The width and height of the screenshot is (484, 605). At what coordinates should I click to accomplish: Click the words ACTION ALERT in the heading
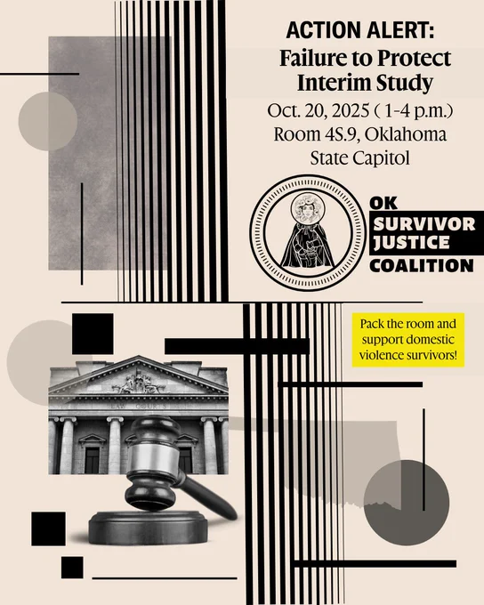[360, 30]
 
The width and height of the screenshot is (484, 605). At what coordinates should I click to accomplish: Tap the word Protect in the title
[414, 59]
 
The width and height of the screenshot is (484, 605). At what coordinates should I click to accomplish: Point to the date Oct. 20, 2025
[319, 110]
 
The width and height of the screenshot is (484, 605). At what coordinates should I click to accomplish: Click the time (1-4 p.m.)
[414, 111]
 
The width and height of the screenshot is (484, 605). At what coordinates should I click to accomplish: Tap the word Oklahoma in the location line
[406, 133]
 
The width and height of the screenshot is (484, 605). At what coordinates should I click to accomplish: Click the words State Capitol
[359, 157]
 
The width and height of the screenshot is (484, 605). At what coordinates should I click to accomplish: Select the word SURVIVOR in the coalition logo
[424, 224]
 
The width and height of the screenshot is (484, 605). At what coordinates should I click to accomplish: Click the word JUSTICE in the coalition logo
[411, 242]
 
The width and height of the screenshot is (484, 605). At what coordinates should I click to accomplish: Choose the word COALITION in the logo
[422, 266]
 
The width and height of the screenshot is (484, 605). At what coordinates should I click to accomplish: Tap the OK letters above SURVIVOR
[383, 204]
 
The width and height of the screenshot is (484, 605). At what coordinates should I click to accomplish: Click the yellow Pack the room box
[408, 340]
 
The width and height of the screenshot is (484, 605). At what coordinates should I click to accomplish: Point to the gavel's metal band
[153, 460]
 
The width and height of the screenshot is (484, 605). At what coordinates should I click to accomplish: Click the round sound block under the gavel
[149, 528]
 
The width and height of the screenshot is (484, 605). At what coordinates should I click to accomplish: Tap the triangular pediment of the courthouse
[138, 375]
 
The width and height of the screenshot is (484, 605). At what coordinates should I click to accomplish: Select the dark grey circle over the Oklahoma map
[407, 503]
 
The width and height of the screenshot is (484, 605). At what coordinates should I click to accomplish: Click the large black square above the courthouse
[93, 334]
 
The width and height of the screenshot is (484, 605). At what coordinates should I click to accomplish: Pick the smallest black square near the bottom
[72, 568]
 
